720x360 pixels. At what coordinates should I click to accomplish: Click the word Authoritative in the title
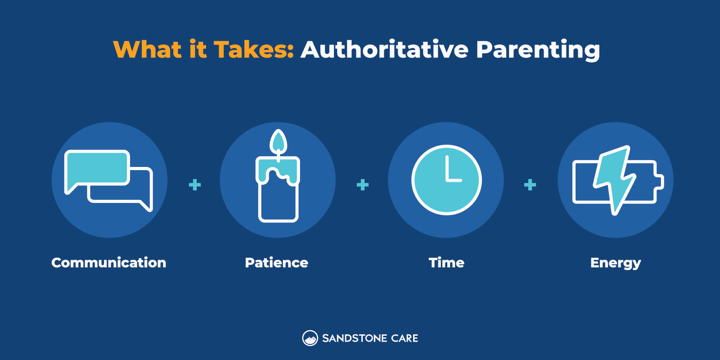385,49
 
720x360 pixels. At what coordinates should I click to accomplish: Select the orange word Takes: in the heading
253,49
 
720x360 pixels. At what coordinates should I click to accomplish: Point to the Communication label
109,263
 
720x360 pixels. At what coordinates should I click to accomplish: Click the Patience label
276,263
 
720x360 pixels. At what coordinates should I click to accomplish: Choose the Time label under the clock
446,263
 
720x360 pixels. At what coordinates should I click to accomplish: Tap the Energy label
616,263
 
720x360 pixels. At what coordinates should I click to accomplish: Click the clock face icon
446,180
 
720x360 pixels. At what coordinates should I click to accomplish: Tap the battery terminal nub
660,181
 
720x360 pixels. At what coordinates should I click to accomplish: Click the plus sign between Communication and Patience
195,184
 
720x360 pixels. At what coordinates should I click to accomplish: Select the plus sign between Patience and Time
363,184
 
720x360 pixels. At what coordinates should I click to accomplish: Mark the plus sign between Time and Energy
530,184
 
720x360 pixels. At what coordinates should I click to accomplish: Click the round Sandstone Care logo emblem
310,338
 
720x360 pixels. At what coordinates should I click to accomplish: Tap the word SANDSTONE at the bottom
355,338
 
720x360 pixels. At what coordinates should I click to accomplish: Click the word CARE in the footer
405,338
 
